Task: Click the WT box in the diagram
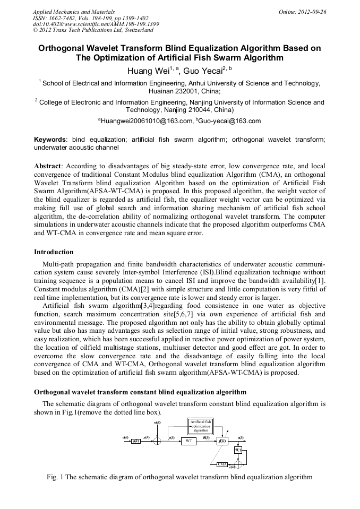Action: pos(188,441)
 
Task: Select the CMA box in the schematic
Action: pos(222,464)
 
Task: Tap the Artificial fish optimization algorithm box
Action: pos(201,426)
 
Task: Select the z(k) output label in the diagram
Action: pos(241,437)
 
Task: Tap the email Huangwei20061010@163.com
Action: pos(147,121)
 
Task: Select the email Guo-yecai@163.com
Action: pos(228,121)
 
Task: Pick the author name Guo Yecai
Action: pos(204,71)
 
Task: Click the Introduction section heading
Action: pos(54,252)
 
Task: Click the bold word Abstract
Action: pos(47,166)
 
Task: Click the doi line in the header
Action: pos(96,24)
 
